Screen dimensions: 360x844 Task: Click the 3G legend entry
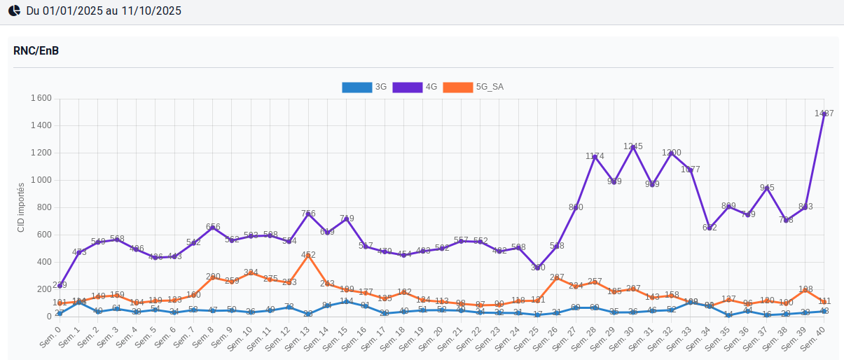click(364, 88)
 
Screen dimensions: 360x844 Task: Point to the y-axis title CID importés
click(21, 207)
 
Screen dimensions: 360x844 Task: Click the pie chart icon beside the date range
click(14, 11)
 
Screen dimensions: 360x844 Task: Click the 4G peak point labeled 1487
click(824, 113)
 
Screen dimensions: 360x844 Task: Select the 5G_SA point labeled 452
click(308, 255)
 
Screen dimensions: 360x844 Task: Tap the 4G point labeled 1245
click(633, 146)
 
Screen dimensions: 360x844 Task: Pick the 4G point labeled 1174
click(595, 156)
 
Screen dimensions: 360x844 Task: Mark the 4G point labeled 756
click(308, 214)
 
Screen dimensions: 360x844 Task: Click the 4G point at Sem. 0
click(60, 285)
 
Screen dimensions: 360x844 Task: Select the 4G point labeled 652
click(710, 228)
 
